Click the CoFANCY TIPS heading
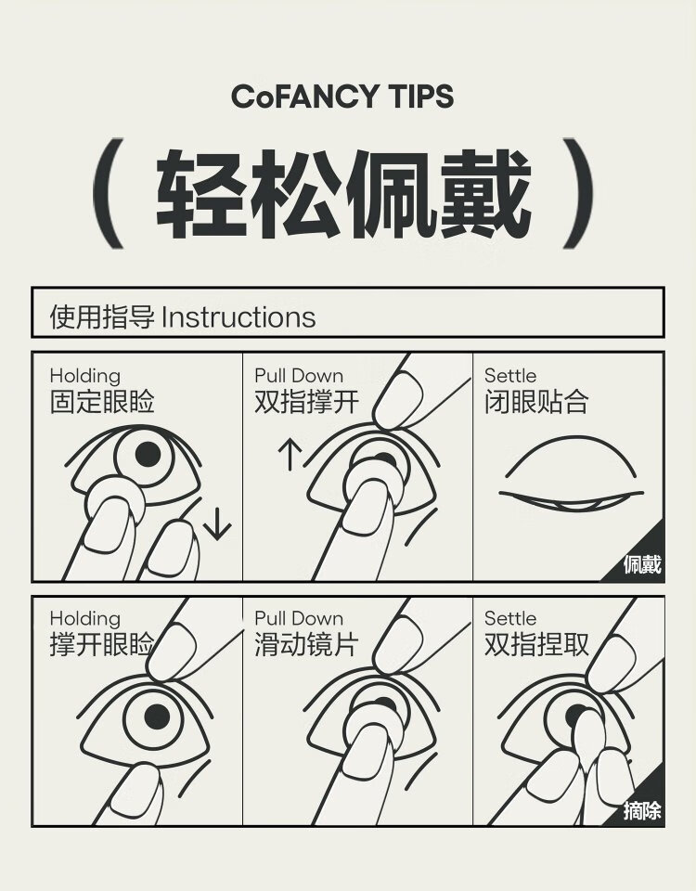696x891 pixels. (342, 96)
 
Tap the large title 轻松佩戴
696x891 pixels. (343, 194)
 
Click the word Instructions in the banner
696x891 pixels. (238, 317)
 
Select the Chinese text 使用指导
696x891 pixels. (102, 317)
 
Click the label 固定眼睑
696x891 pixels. (102, 401)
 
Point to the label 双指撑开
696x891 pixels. (307, 401)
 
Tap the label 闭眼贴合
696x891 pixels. (536, 401)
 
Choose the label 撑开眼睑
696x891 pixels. (102, 644)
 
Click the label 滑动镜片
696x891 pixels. (307, 644)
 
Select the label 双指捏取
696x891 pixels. (536, 644)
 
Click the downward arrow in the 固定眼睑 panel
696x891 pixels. (217, 523)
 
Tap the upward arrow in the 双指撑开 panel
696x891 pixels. (290, 455)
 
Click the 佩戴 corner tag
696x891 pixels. (642, 564)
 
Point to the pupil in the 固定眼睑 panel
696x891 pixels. (148, 454)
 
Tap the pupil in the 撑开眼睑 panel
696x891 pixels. (158, 717)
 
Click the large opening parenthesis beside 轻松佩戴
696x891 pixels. (108, 193)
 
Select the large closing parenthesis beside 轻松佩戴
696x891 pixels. (578, 193)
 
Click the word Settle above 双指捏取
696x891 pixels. (510, 618)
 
